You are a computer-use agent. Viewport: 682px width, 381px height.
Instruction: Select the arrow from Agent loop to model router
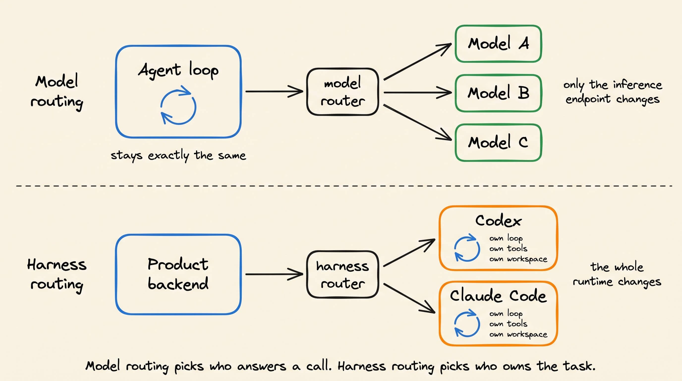tap(274, 92)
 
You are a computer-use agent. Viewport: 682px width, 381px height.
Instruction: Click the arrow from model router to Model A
tap(418, 62)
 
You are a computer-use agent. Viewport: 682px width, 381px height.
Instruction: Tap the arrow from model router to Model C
tap(418, 122)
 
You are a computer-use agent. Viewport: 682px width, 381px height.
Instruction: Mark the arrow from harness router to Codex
tap(409, 253)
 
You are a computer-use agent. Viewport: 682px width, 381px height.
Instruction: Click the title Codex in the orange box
tap(498, 221)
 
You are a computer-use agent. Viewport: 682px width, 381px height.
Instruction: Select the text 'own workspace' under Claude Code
tap(518, 335)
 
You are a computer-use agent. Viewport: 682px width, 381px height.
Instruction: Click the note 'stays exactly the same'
tap(178, 156)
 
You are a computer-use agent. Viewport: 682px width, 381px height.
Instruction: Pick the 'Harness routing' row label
tap(57, 275)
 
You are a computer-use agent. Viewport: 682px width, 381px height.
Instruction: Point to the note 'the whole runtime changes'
tap(617, 275)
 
